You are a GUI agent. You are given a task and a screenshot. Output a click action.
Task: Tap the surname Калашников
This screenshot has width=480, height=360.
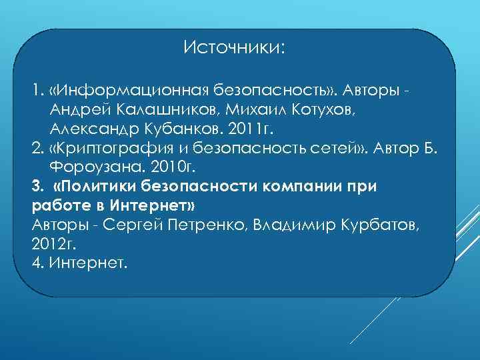coord(180,109)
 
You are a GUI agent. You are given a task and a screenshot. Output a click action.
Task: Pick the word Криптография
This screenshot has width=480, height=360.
coord(113,147)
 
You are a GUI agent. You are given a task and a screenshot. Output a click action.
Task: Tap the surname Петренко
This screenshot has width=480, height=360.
coord(205,223)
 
